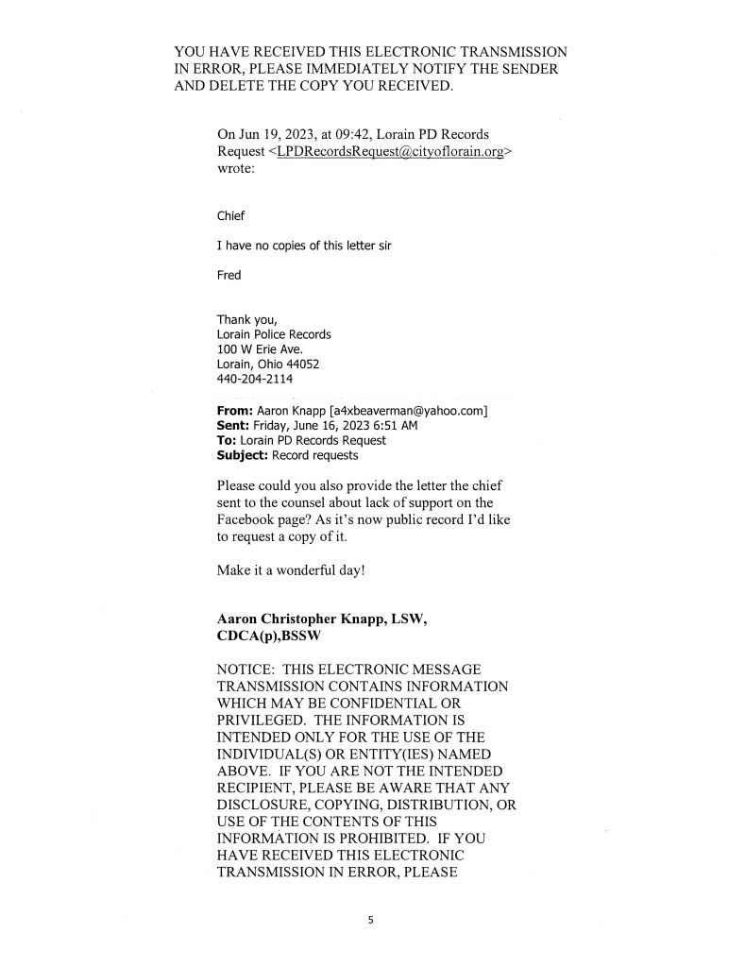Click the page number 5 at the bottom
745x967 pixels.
(372, 917)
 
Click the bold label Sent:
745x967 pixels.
(232, 426)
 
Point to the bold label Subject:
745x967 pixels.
(243, 455)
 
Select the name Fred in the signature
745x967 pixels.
(229, 276)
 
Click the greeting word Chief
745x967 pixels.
(231, 216)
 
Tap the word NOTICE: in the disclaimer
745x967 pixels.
(246, 669)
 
